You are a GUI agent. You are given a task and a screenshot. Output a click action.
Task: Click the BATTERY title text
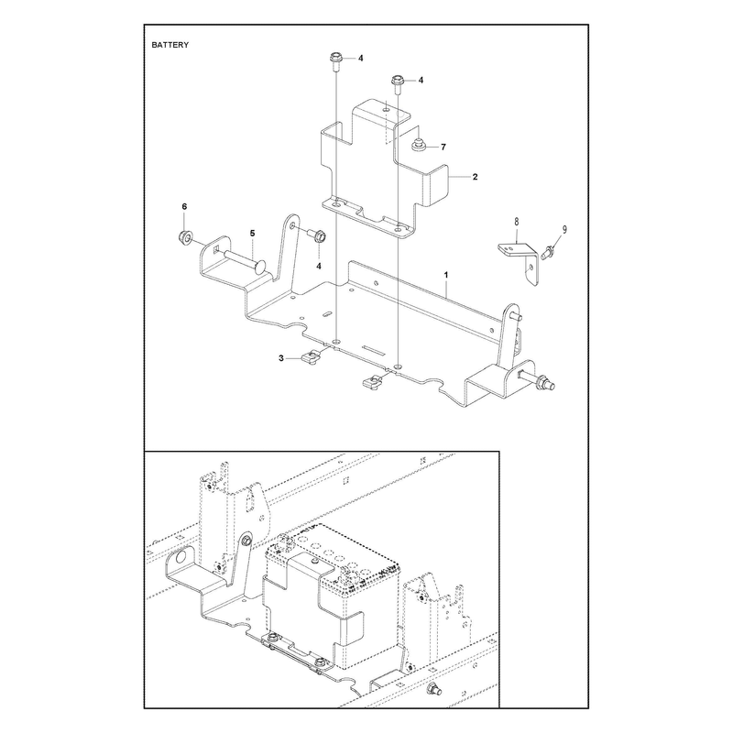click(x=170, y=45)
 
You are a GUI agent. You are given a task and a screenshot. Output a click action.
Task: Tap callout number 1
click(x=446, y=275)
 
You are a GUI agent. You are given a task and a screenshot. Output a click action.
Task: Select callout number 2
click(x=475, y=177)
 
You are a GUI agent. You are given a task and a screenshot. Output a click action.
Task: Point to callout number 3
click(x=281, y=358)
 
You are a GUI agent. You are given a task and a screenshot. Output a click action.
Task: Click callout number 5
click(x=253, y=233)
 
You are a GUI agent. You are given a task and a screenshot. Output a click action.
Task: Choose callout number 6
click(x=184, y=206)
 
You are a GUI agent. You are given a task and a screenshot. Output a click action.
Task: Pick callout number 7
click(x=443, y=147)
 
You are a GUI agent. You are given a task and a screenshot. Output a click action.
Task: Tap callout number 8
click(x=517, y=221)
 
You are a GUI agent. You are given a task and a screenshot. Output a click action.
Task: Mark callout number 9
click(x=564, y=229)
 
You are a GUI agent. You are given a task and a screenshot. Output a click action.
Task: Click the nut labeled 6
click(x=185, y=238)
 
